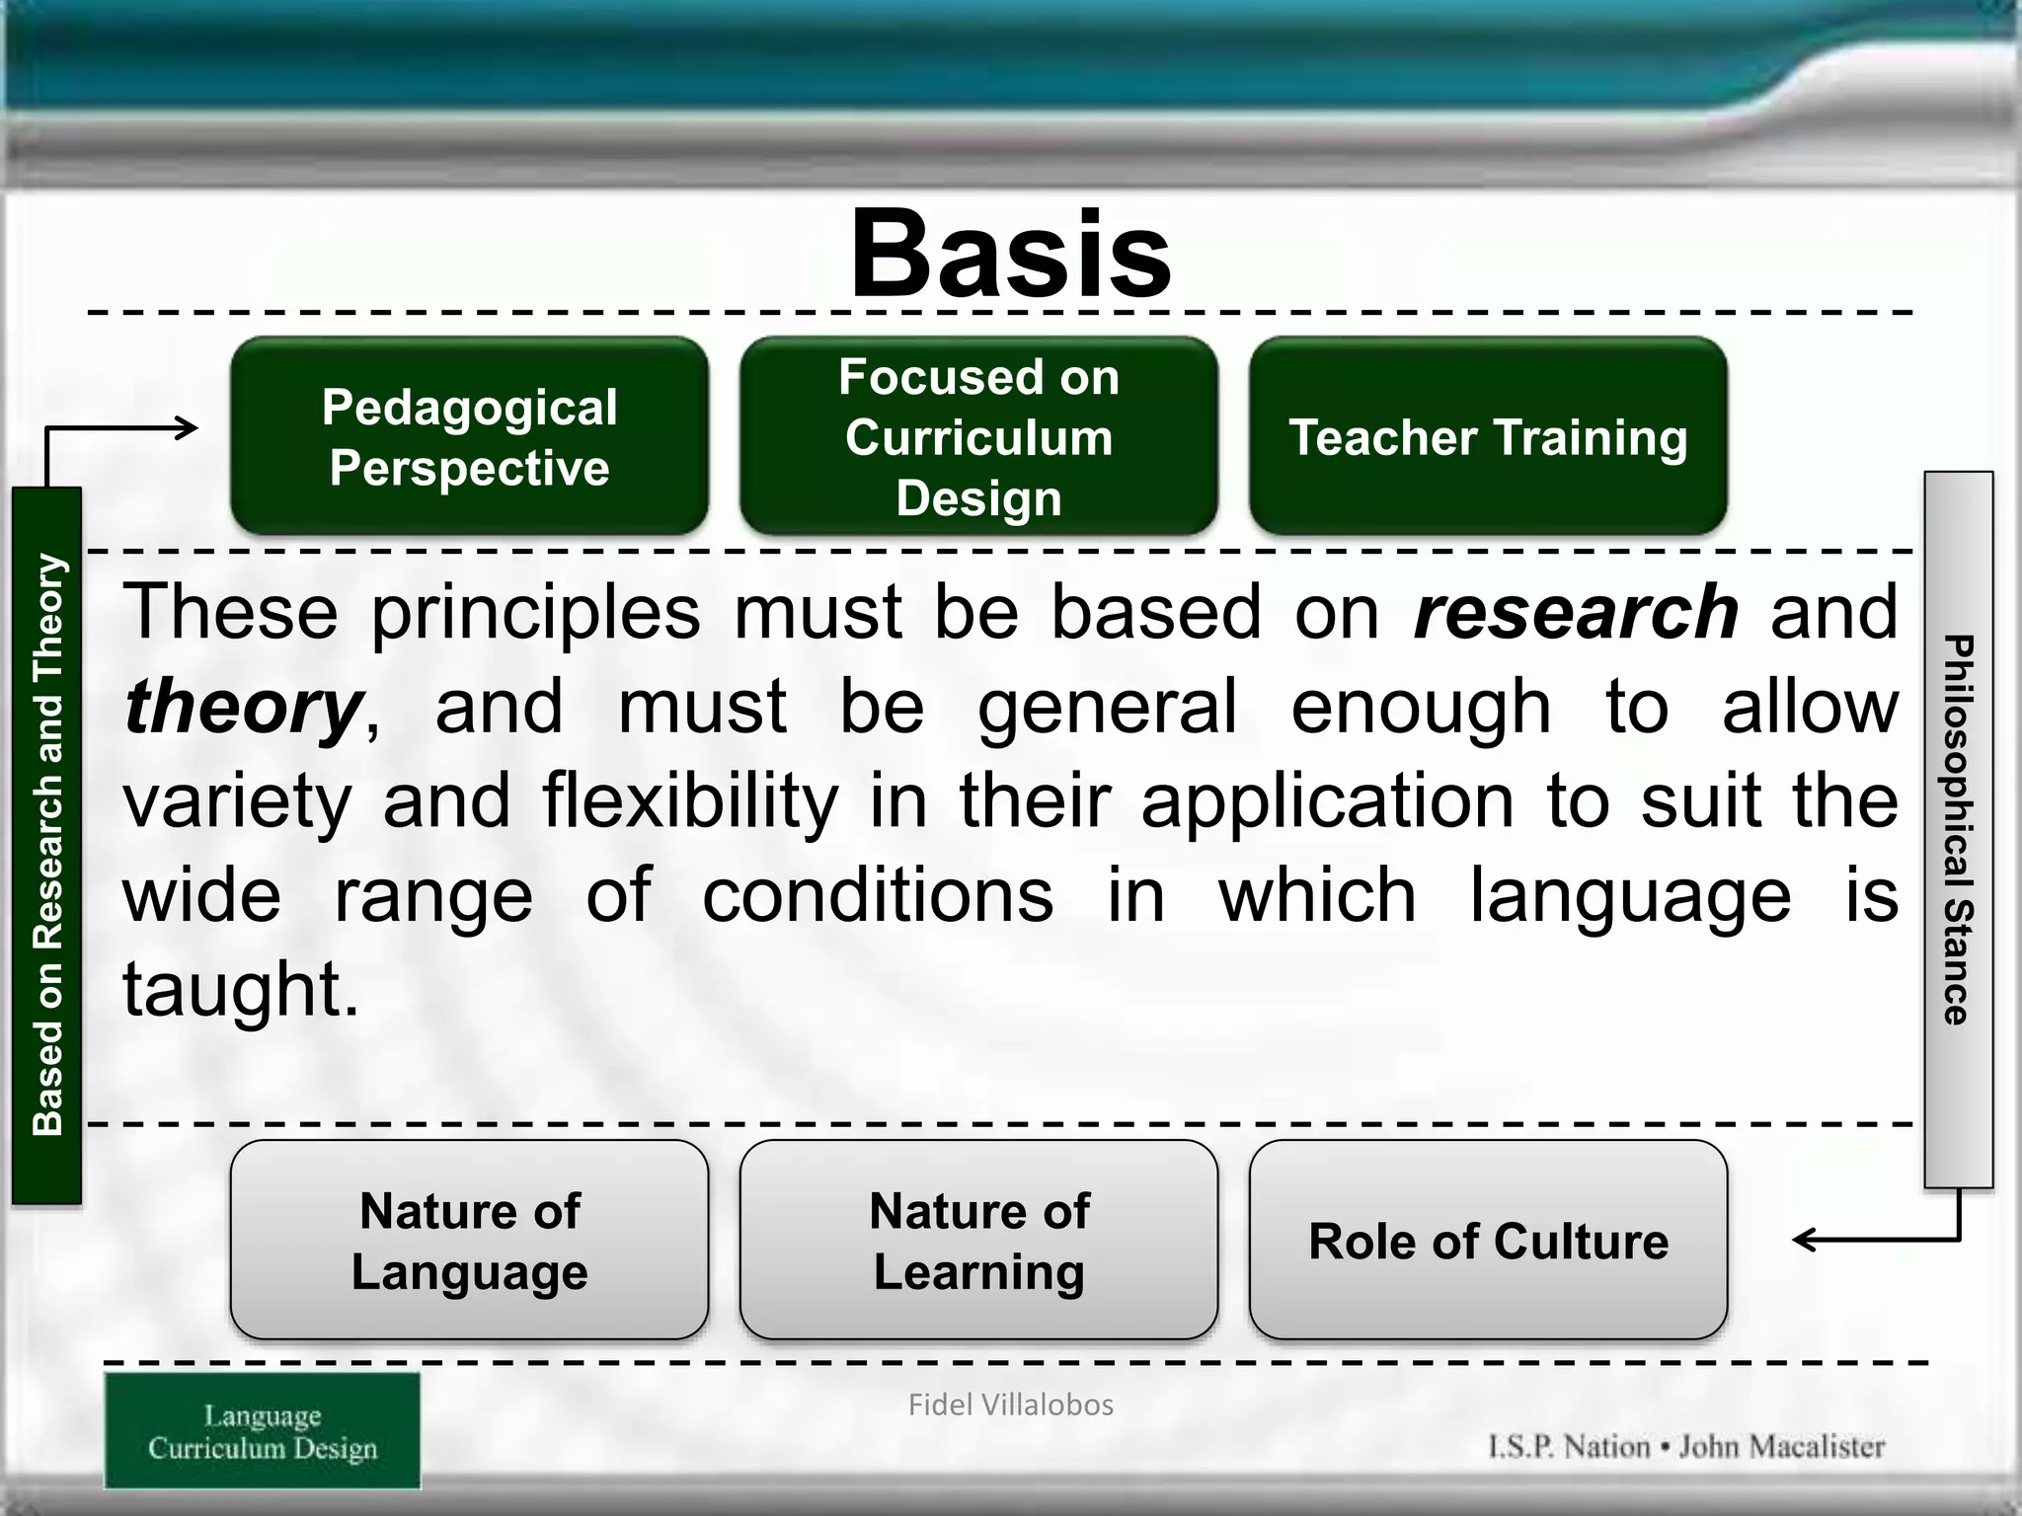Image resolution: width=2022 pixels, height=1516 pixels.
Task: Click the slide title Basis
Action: point(1010,254)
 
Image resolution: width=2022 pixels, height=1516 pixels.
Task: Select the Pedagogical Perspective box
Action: point(469,437)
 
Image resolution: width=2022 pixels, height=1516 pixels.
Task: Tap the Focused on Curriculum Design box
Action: point(978,437)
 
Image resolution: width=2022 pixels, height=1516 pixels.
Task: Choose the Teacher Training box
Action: point(1488,437)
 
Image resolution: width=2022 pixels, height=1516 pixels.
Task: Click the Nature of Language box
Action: point(469,1241)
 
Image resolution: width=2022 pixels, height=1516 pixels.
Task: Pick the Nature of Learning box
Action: point(978,1241)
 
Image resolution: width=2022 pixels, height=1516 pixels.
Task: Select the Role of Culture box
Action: point(1488,1241)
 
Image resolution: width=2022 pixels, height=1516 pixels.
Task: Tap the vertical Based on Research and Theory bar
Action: point(46,845)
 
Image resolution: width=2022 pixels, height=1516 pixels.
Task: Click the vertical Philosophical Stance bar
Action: point(1958,829)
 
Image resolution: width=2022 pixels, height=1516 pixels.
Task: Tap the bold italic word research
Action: point(1576,612)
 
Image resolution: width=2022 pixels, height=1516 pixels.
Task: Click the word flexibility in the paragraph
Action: point(690,800)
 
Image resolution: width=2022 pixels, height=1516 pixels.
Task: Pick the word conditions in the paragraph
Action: point(878,895)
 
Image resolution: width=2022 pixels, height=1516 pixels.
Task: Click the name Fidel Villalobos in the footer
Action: point(1010,1404)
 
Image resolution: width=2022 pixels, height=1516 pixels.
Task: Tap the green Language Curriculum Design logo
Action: point(263,1431)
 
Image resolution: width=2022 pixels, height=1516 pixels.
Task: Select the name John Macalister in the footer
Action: point(1781,1447)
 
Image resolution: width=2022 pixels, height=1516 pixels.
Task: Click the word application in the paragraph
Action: point(1327,800)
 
